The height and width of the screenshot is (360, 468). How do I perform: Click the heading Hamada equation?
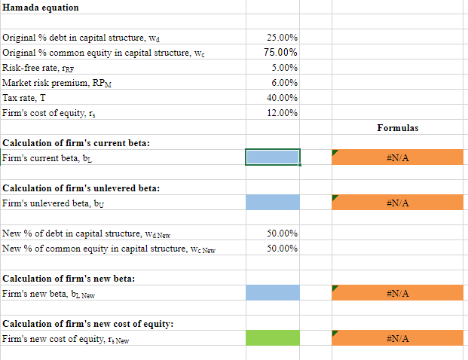click(x=41, y=8)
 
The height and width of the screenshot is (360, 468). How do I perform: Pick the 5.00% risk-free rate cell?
click(x=284, y=67)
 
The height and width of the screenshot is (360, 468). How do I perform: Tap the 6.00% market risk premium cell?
click(x=284, y=82)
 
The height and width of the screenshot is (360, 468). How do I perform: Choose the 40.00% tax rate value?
click(x=283, y=97)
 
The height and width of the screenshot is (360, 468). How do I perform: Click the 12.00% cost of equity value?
click(x=283, y=112)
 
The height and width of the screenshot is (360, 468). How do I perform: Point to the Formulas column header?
click(x=397, y=128)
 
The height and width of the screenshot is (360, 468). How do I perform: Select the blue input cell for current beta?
click(x=272, y=157)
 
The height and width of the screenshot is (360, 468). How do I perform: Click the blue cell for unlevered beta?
click(x=272, y=202)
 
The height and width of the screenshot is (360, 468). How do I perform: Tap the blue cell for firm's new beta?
click(x=272, y=292)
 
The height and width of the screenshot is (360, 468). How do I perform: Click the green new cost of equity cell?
click(x=272, y=337)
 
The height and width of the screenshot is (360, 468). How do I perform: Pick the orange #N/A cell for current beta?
click(x=397, y=157)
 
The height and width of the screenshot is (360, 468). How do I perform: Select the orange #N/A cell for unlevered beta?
click(x=397, y=202)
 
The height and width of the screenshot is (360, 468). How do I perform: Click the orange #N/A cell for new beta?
click(x=397, y=292)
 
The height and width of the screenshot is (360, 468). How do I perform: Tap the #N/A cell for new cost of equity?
click(x=397, y=337)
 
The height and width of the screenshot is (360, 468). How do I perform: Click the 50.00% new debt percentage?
click(x=283, y=233)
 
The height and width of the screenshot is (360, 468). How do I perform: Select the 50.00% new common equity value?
click(x=283, y=248)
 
